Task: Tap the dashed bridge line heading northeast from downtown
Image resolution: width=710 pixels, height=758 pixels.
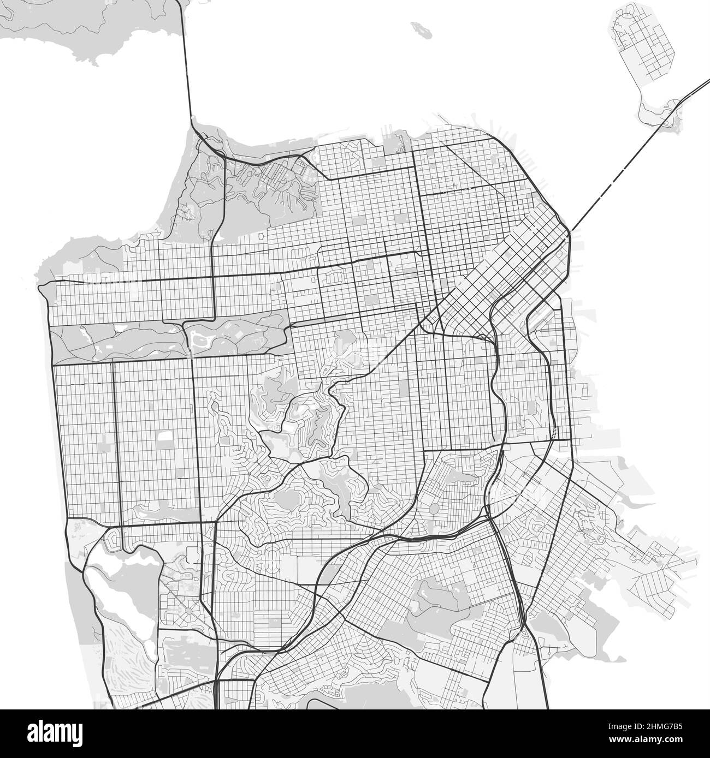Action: [x=612, y=180]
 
